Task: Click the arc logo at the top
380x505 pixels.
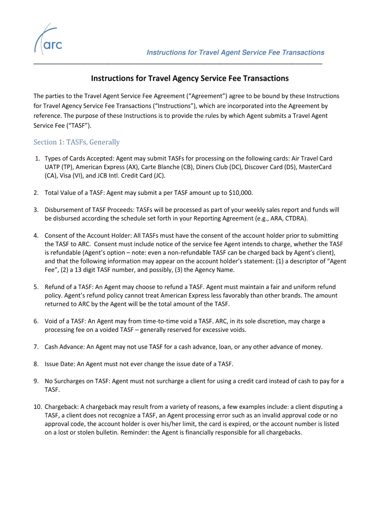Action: coord(48,39)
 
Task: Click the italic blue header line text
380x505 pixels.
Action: coord(235,52)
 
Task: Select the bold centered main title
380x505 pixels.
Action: coord(190,78)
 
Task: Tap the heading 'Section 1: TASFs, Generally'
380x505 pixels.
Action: coord(76,142)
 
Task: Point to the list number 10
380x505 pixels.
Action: coord(38,407)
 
